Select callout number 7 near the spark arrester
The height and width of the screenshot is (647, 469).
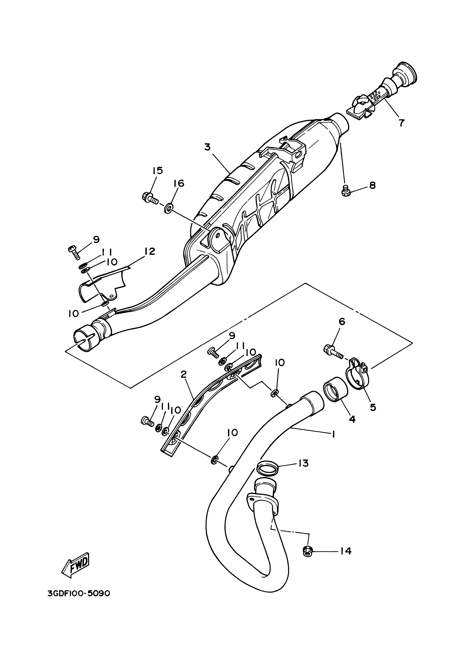click(x=401, y=122)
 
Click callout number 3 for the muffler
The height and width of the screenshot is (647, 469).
click(x=207, y=147)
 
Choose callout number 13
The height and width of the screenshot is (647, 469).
click(x=303, y=463)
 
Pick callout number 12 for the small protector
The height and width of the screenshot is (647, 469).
click(x=150, y=251)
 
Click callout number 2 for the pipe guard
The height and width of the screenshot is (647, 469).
click(x=183, y=374)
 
